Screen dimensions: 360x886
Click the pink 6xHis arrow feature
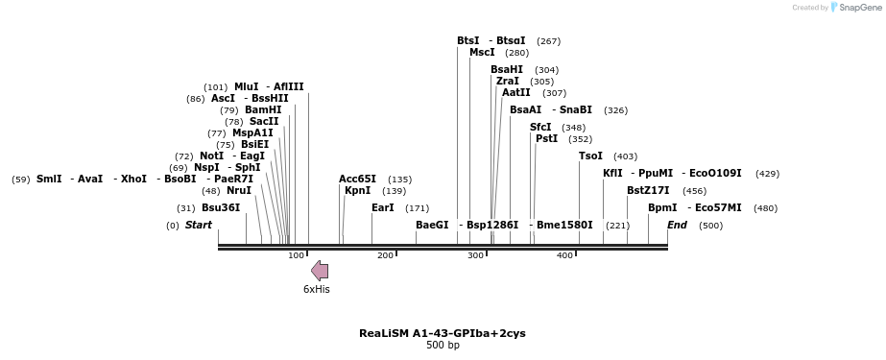[320, 270]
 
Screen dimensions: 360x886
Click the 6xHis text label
[317, 289]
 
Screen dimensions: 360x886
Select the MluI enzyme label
[246, 86]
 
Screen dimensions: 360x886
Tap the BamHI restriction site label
[263, 109]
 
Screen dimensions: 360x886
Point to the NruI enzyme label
[239, 190]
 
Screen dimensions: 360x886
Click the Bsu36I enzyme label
[221, 207]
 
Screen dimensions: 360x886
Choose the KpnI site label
[357, 190]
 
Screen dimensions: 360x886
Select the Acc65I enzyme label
[357, 179]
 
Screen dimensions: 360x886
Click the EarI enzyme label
[383, 207]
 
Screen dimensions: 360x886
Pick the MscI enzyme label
[482, 52]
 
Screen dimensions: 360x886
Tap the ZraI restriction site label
[508, 81]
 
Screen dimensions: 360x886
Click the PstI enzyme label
[546, 138]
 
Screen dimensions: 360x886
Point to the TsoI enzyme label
[590, 156]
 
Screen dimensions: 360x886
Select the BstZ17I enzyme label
[648, 190]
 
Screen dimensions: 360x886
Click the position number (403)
[625, 156]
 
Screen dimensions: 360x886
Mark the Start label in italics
[199, 225]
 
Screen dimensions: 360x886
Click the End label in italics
[677, 225]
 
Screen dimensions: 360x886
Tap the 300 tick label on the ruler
[475, 255]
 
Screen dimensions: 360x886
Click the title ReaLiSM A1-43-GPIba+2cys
[443, 333]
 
